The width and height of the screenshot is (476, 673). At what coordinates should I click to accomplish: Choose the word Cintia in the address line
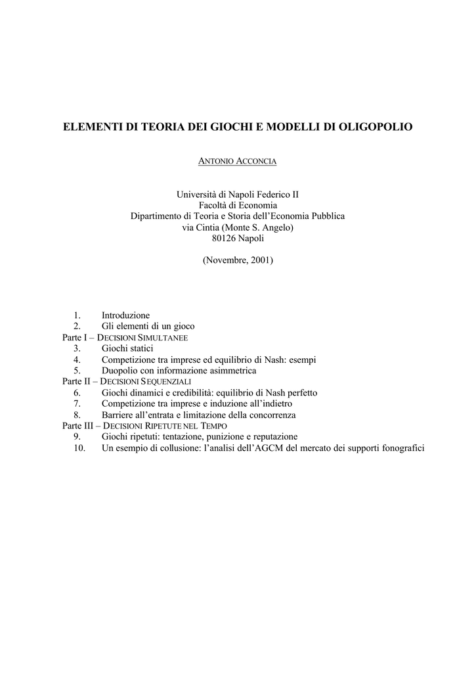210,227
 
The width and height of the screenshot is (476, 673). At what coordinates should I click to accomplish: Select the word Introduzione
125,315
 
